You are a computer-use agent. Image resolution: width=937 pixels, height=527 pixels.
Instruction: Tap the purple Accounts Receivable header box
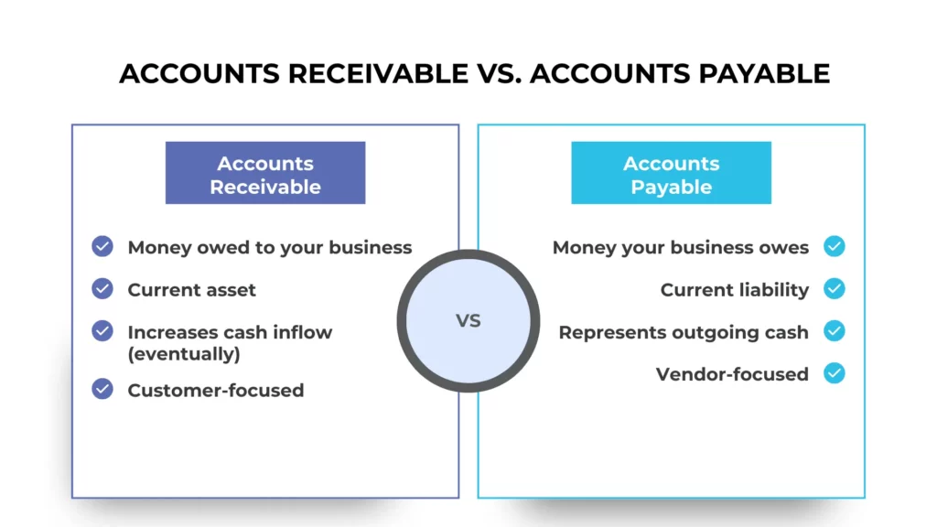(265, 174)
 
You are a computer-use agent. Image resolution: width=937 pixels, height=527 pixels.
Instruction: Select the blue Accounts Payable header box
(672, 174)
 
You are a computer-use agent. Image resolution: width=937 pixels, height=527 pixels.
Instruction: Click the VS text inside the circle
(468, 321)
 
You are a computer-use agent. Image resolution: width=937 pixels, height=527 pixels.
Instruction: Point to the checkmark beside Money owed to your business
(102, 247)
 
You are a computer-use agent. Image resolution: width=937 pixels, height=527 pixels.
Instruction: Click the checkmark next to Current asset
(102, 289)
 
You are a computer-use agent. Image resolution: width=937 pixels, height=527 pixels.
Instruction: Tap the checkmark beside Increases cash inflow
(102, 331)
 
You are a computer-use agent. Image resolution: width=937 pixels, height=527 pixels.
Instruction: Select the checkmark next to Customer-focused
(102, 390)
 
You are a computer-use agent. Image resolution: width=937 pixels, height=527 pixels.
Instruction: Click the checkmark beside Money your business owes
(834, 247)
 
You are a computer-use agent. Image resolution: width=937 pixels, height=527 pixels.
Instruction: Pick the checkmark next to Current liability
(834, 289)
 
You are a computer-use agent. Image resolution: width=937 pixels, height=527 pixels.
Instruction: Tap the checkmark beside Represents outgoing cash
(834, 331)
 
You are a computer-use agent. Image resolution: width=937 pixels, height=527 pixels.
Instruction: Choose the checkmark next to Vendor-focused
(834, 373)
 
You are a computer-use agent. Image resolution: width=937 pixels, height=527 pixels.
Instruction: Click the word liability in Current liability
(774, 290)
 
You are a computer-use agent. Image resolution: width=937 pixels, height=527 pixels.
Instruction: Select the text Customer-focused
(216, 391)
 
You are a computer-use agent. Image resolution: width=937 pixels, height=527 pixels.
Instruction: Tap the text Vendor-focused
(732, 374)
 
